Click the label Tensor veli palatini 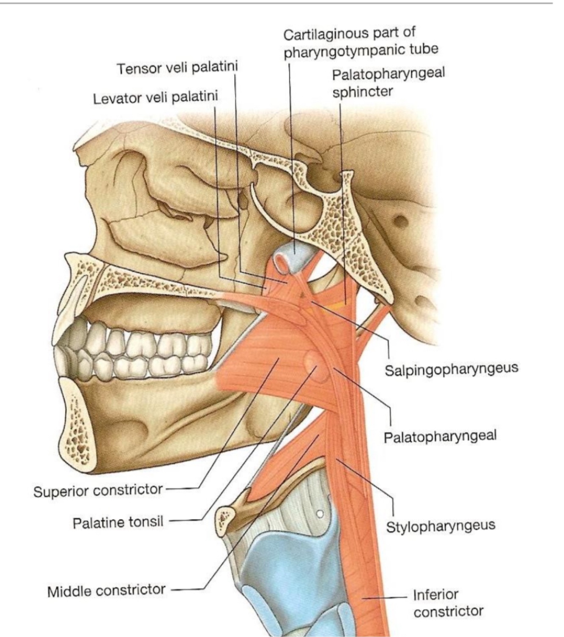[x=177, y=68]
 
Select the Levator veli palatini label [x=155, y=98]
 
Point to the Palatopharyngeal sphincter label [x=388, y=82]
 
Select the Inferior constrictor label [x=448, y=603]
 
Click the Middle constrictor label [x=106, y=590]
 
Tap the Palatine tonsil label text [x=118, y=522]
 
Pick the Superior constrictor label [x=98, y=490]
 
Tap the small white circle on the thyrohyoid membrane [x=320, y=514]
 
